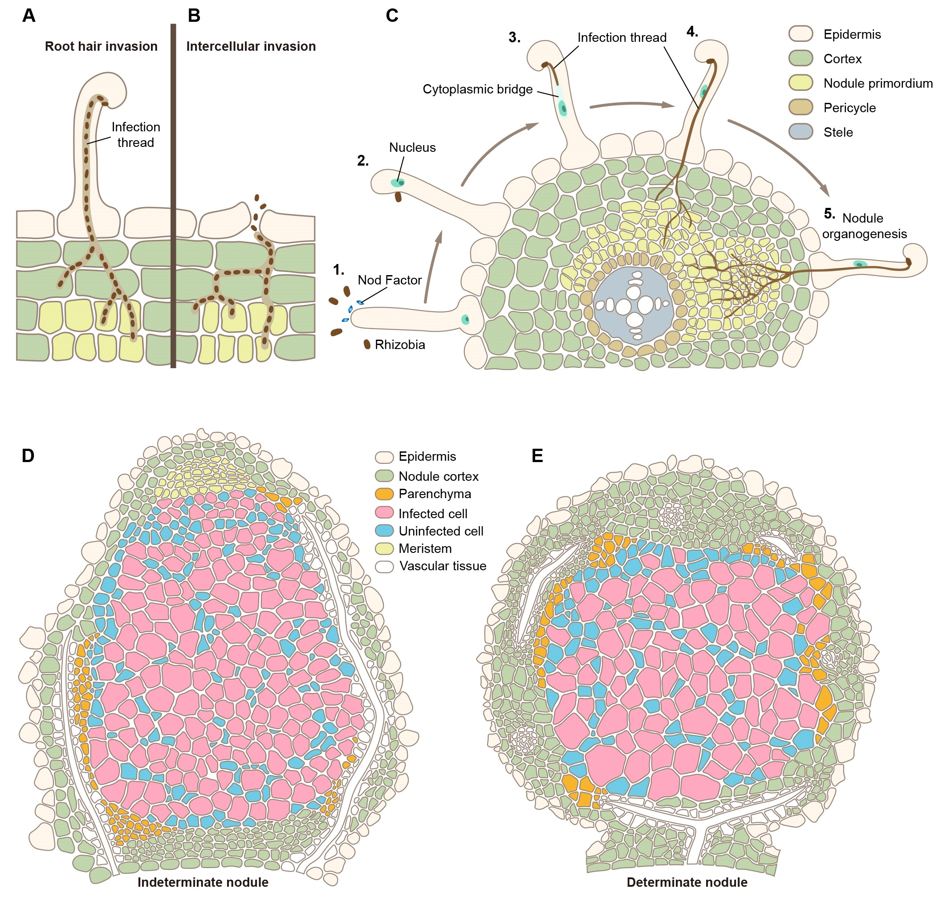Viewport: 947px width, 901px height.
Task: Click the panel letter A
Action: (29, 16)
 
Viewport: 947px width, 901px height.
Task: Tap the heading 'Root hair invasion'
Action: (101, 47)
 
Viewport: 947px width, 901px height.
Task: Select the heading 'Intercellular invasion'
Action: (251, 47)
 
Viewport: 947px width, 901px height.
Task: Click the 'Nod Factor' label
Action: (389, 280)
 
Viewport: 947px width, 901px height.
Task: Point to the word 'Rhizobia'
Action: (400, 345)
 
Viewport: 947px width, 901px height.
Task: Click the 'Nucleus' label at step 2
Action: (412, 147)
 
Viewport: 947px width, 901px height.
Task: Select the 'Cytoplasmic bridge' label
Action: (477, 89)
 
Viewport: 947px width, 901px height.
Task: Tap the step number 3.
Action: (514, 37)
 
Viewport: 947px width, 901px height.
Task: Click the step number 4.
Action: (692, 32)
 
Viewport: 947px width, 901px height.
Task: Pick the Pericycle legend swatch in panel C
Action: (801, 107)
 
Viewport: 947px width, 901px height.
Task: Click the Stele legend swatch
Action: (801, 132)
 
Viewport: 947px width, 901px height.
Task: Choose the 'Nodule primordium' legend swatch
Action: (801, 83)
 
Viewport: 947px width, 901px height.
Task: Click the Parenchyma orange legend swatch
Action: (384, 493)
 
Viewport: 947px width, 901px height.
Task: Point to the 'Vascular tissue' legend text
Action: (443, 566)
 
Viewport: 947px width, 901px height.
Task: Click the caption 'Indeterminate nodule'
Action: (203, 882)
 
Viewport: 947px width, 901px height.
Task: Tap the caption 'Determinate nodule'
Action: (687, 882)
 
